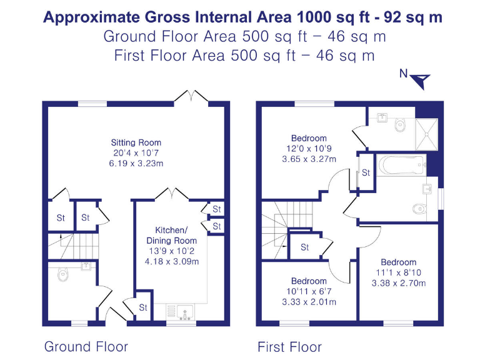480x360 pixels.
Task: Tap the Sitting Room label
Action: (136, 142)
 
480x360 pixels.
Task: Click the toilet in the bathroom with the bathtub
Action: (421, 208)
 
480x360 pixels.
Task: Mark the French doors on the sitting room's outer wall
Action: (186, 97)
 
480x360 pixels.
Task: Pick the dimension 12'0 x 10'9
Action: (308, 149)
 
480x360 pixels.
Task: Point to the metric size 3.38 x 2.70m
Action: (398, 283)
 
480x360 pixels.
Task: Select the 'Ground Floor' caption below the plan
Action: (86, 346)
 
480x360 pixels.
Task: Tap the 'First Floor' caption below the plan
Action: (289, 346)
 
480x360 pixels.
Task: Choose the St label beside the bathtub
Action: (366, 173)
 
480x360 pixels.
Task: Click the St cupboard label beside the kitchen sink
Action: (143, 307)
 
